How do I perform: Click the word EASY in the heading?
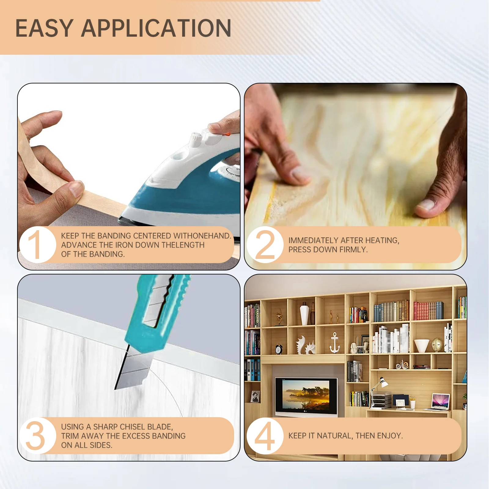pos(44,28)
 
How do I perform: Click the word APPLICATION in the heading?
pos(156,28)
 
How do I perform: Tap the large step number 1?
pos(36,244)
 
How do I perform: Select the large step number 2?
pos(265,244)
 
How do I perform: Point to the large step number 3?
pos(35,436)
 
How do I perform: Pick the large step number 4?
pos(265,436)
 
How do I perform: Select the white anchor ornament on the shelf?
pos(335,343)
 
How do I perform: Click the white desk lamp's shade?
pos(382,381)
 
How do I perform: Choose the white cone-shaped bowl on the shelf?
pos(421,346)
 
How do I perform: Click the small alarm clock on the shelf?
pos(279,349)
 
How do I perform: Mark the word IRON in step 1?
pos(124,245)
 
